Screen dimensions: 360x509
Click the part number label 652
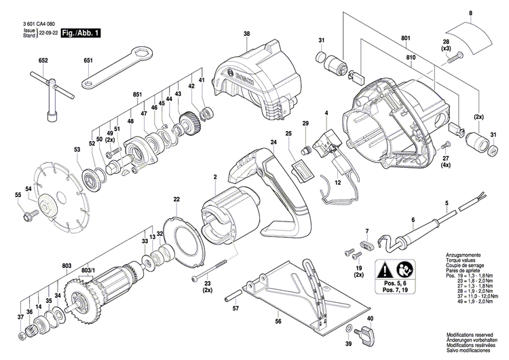coord(43,61)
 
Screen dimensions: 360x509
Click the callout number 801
coord(406,37)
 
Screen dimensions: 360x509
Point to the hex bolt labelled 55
coord(29,216)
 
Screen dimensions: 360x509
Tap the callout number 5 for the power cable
coord(447,204)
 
